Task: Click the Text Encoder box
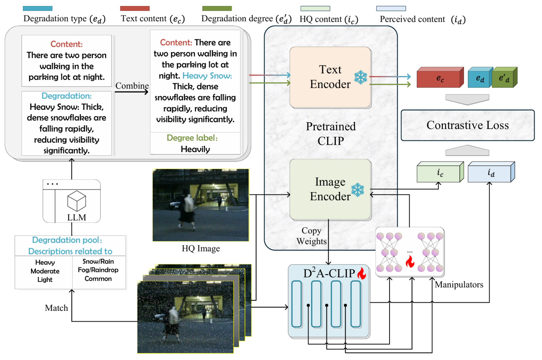pyautogui.click(x=330, y=77)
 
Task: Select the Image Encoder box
pyautogui.click(x=330, y=189)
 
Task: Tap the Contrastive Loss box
pyautogui.click(x=468, y=125)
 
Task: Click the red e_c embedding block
pyautogui.click(x=440, y=77)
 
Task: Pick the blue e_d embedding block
pyautogui.click(x=480, y=77)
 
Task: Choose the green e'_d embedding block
pyautogui.click(x=504, y=77)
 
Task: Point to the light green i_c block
pyautogui.click(x=440, y=172)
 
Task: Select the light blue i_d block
pyautogui.click(x=491, y=172)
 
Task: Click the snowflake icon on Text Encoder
pyautogui.click(x=361, y=77)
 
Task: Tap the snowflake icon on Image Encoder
pyautogui.click(x=358, y=190)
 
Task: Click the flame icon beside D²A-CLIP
pyautogui.click(x=361, y=273)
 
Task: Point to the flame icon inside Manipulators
pyautogui.click(x=410, y=261)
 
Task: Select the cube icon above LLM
pyautogui.click(x=77, y=201)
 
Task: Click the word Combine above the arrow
pyautogui.click(x=132, y=86)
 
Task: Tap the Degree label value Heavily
pyautogui.click(x=195, y=149)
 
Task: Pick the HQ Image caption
pyautogui.click(x=201, y=248)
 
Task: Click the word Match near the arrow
pyautogui.click(x=56, y=308)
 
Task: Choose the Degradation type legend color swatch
pyautogui.click(x=38, y=8)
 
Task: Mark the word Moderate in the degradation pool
pyautogui.click(x=45, y=271)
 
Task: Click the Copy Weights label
pyautogui.click(x=311, y=236)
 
